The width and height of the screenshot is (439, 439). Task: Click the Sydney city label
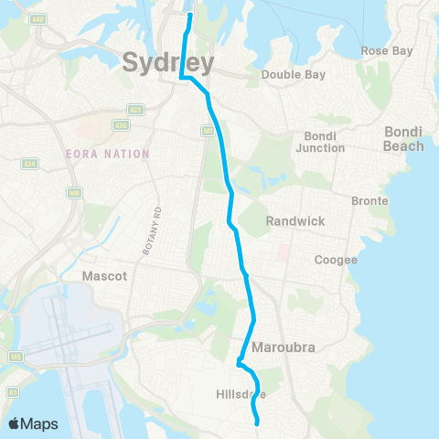click(168, 63)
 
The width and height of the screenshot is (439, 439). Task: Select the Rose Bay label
click(387, 50)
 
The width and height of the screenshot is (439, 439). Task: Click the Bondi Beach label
click(403, 139)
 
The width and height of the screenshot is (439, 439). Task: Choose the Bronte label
click(370, 200)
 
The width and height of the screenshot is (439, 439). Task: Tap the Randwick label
click(290, 221)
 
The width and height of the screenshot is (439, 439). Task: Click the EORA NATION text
click(108, 154)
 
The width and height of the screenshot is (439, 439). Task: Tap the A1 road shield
click(12, 392)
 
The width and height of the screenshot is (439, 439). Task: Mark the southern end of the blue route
click(258, 423)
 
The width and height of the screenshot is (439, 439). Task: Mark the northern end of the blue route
click(190, 16)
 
